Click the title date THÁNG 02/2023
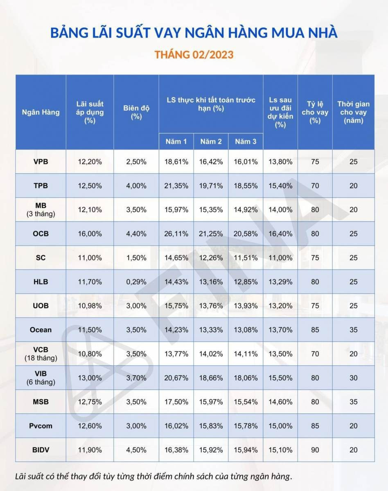(x=194, y=54)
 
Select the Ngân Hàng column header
(x=41, y=112)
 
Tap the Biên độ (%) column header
(x=136, y=112)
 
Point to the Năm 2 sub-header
(x=211, y=142)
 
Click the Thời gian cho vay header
(x=353, y=112)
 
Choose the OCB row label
(x=41, y=234)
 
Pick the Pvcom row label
(x=41, y=426)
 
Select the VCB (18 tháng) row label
(x=41, y=354)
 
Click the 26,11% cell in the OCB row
(x=176, y=234)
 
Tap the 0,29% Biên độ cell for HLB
(x=136, y=282)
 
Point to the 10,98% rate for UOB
(x=90, y=306)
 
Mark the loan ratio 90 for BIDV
(x=315, y=450)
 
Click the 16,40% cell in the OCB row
(x=280, y=234)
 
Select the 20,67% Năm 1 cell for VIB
(x=176, y=378)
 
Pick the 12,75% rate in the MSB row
(x=90, y=402)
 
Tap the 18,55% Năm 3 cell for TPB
(x=246, y=186)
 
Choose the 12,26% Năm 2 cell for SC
(x=211, y=258)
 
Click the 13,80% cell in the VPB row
(x=280, y=162)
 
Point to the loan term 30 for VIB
(x=353, y=378)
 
